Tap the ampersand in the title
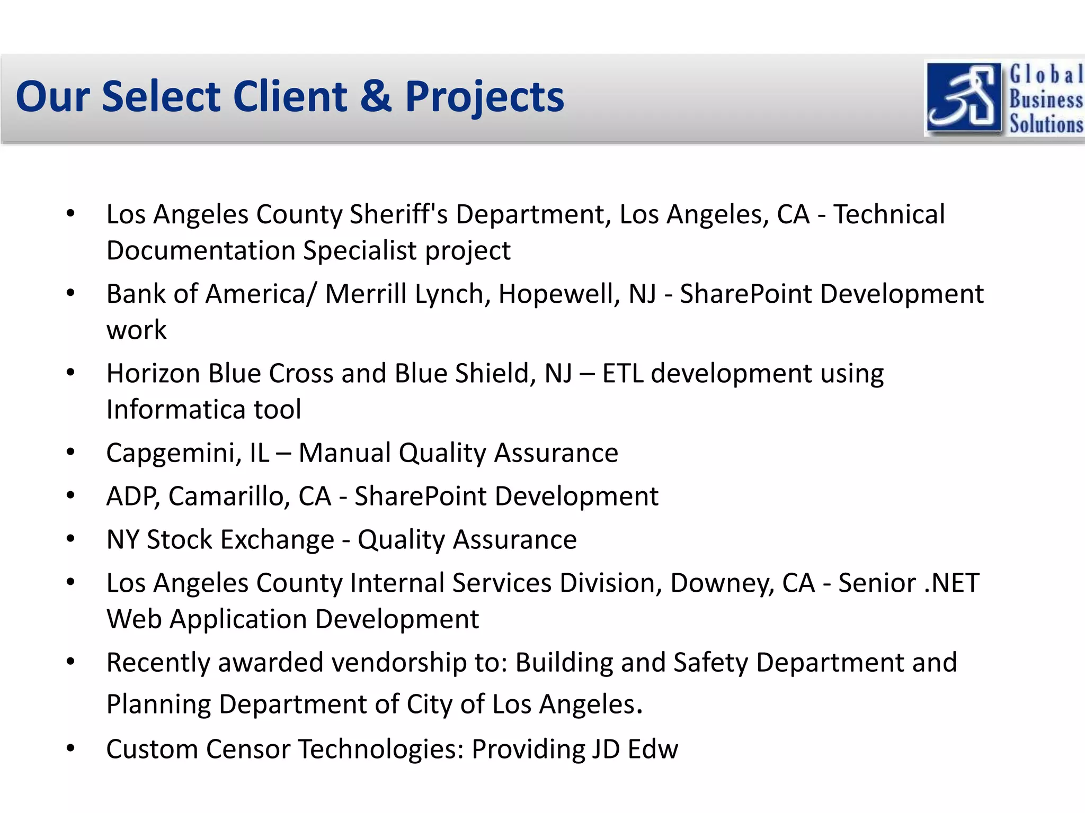click(376, 97)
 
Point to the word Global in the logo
click(1046, 75)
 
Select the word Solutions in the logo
click(1046, 124)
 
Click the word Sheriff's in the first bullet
click(398, 214)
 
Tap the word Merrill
click(366, 294)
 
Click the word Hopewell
click(559, 294)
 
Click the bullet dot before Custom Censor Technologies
click(71, 748)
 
